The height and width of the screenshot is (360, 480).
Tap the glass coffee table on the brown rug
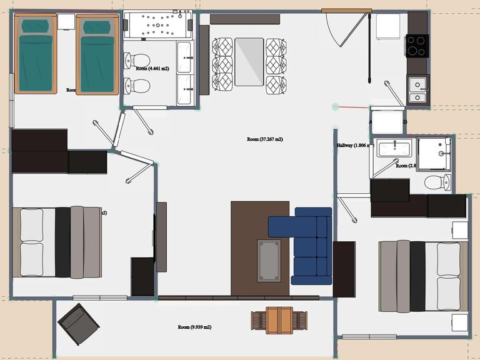click(269, 260)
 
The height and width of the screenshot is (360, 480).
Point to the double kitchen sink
click(417, 89)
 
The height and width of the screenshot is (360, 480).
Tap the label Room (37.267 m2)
click(265, 139)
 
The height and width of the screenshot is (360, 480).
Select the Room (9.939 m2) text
click(194, 327)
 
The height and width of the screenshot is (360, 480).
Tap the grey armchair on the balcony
click(78, 324)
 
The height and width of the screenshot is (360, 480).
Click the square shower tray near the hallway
click(434, 153)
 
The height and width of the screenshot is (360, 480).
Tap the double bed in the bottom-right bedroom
click(422, 277)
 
